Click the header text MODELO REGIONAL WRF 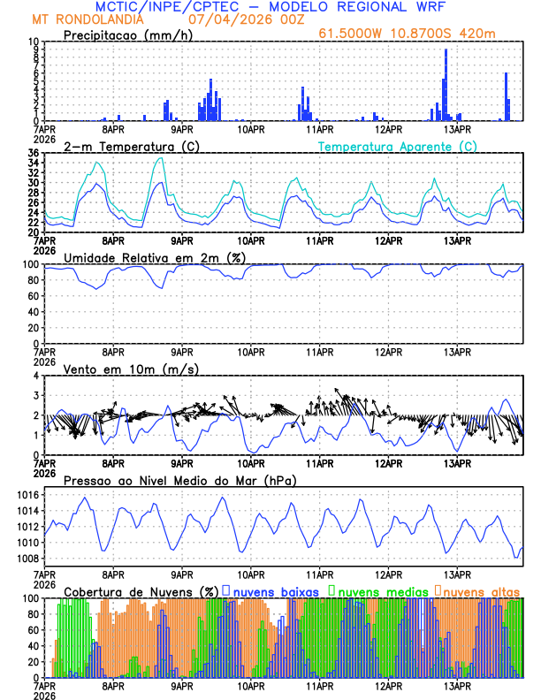coord(374,7)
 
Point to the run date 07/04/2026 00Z coord(244,19)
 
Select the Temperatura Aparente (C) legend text coord(398,146)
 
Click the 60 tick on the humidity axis coord(33,296)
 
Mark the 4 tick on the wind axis coord(35,376)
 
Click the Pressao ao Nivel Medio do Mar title coord(180,480)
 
